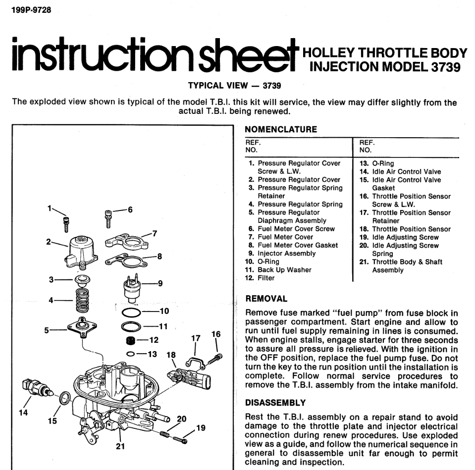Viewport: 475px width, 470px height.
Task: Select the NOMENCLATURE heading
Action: point(281,130)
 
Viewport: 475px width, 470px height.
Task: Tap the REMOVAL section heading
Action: point(266,299)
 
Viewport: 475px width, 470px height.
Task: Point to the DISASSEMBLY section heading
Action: point(275,403)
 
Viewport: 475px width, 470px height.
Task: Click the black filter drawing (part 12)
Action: point(131,341)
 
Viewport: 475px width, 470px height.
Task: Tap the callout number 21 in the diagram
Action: point(119,446)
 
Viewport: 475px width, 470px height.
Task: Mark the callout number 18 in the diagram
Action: point(171,355)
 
